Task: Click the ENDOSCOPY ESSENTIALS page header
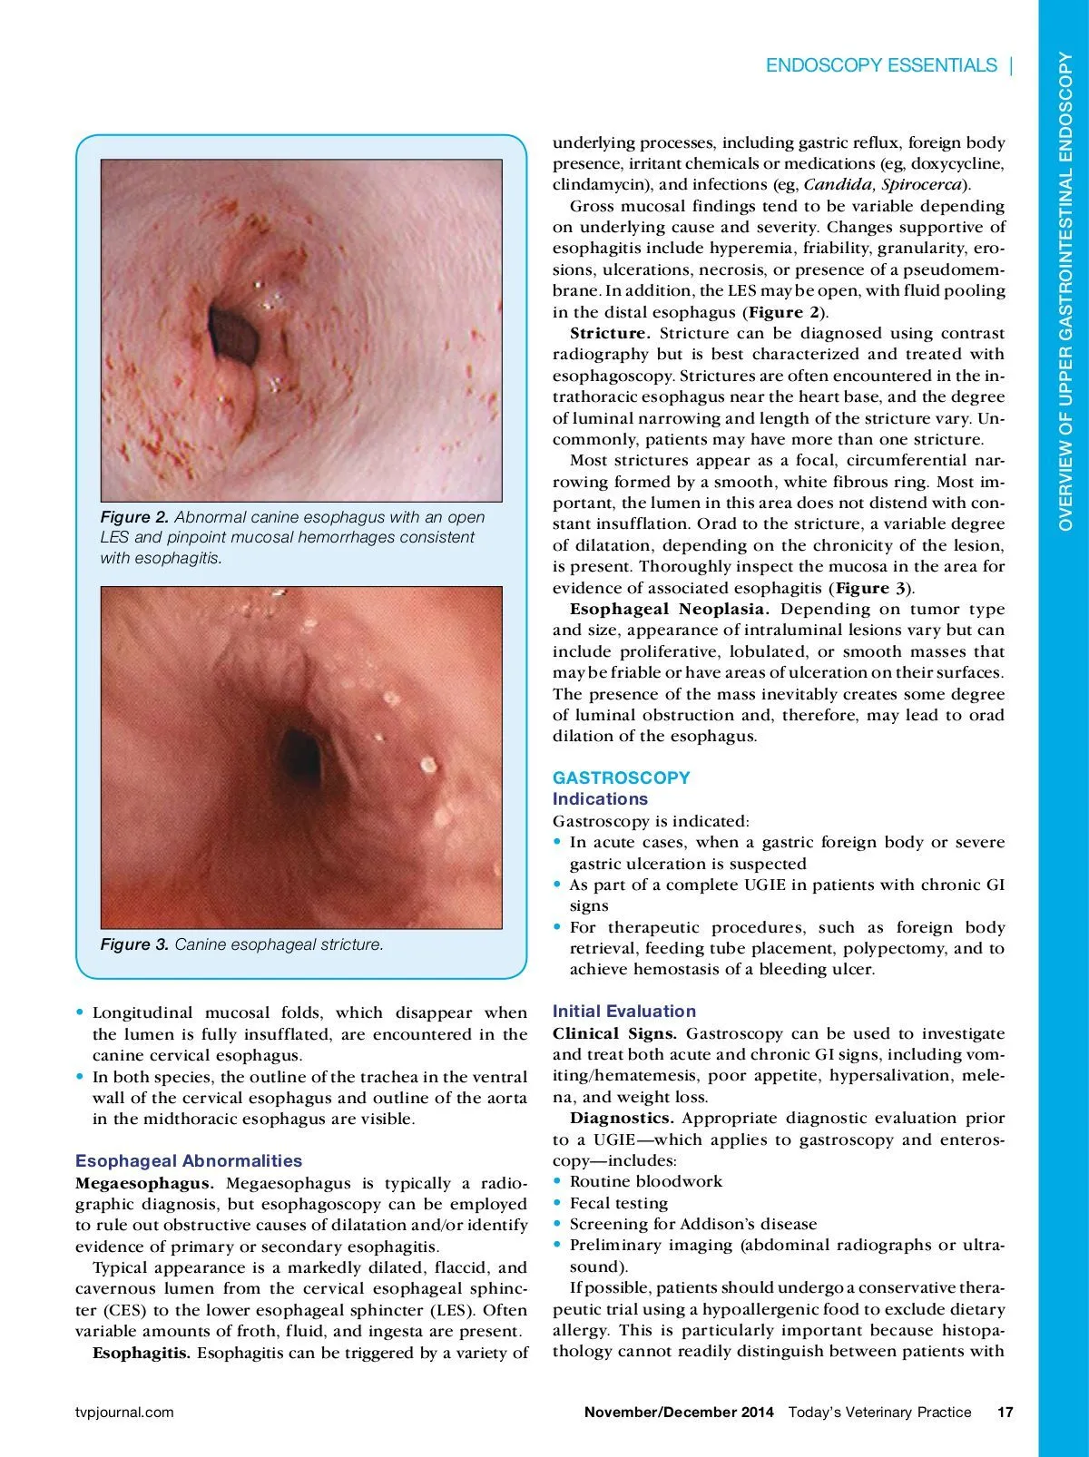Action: click(880, 65)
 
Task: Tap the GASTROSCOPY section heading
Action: click(621, 777)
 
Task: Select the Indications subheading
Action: click(600, 799)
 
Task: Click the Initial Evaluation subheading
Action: click(623, 1012)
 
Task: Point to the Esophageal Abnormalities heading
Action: click(188, 1161)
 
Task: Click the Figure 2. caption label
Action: click(134, 517)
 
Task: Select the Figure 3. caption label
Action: click(134, 944)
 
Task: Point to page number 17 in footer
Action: click(1005, 1412)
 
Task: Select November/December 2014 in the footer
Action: click(679, 1412)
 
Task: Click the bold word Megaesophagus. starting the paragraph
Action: click(144, 1183)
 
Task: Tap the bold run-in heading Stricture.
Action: click(610, 334)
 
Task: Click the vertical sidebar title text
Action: click(1065, 290)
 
